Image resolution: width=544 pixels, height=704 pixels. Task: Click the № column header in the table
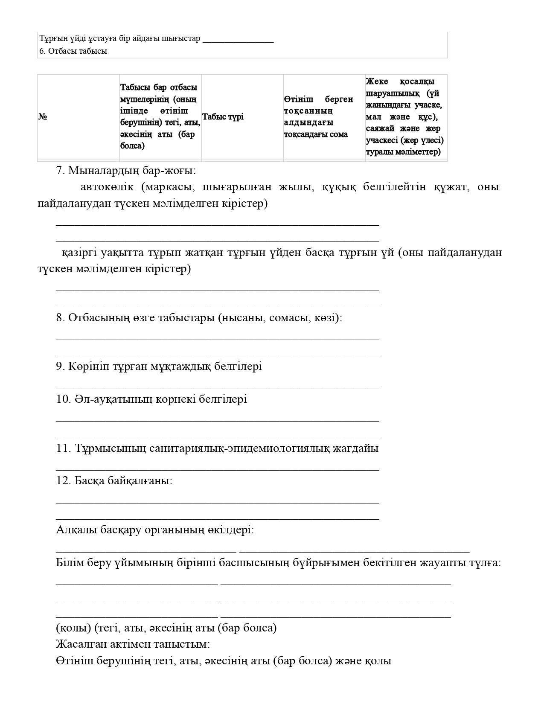(x=43, y=116)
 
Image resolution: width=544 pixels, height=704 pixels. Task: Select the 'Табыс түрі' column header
(x=223, y=116)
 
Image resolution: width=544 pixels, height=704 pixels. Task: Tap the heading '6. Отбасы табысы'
(x=73, y=51)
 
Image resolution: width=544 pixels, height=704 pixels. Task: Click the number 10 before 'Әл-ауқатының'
(x=63, y=399)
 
